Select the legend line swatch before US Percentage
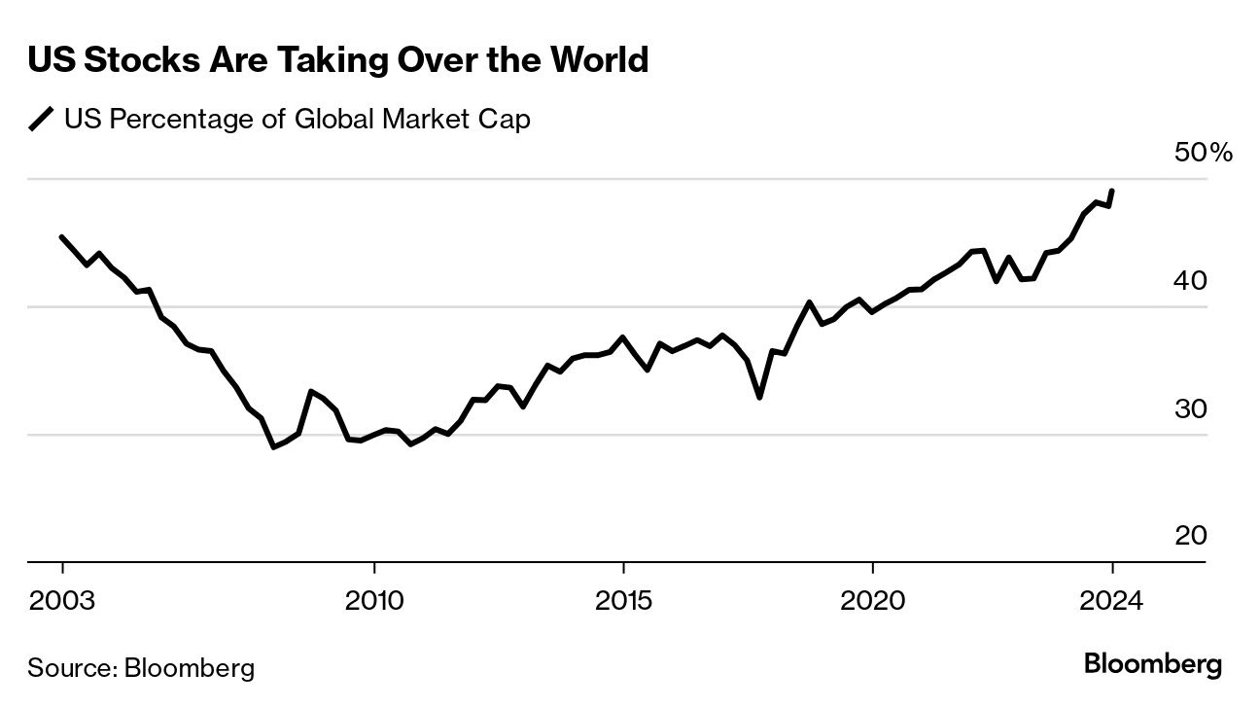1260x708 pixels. [41, 121]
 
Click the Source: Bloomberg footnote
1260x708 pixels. [141, 668]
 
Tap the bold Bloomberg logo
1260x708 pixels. [1153, 666]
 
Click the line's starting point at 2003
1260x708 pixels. [62, 237]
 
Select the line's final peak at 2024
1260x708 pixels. [1111, 192]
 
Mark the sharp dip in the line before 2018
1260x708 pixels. [759, 397]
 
